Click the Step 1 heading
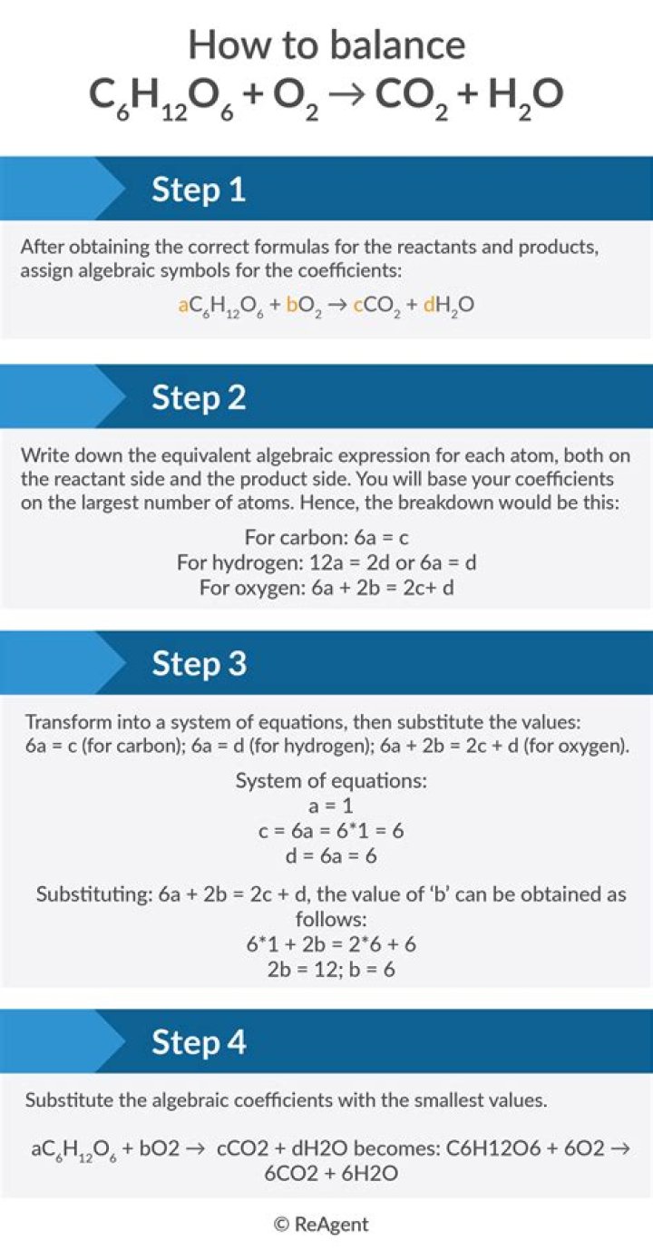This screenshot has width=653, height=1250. [199, 190]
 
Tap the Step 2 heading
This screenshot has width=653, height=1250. [199, 397]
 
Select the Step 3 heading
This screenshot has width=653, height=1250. [199, 663]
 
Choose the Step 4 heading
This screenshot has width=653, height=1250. [199, 1041]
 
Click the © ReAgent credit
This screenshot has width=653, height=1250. [322, 1224]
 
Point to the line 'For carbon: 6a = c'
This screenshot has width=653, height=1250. [326, 537]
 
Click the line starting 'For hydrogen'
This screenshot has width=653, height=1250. [326, 562]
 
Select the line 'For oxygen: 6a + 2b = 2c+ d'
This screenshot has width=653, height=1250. [326, 588]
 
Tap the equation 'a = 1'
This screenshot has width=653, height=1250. [326, 805]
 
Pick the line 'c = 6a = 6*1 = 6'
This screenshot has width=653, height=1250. [326, 830]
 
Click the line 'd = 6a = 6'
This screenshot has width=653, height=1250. [326, 855]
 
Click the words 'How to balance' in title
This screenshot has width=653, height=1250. [326, 45]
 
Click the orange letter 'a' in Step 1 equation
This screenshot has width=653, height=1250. [182, 305]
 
